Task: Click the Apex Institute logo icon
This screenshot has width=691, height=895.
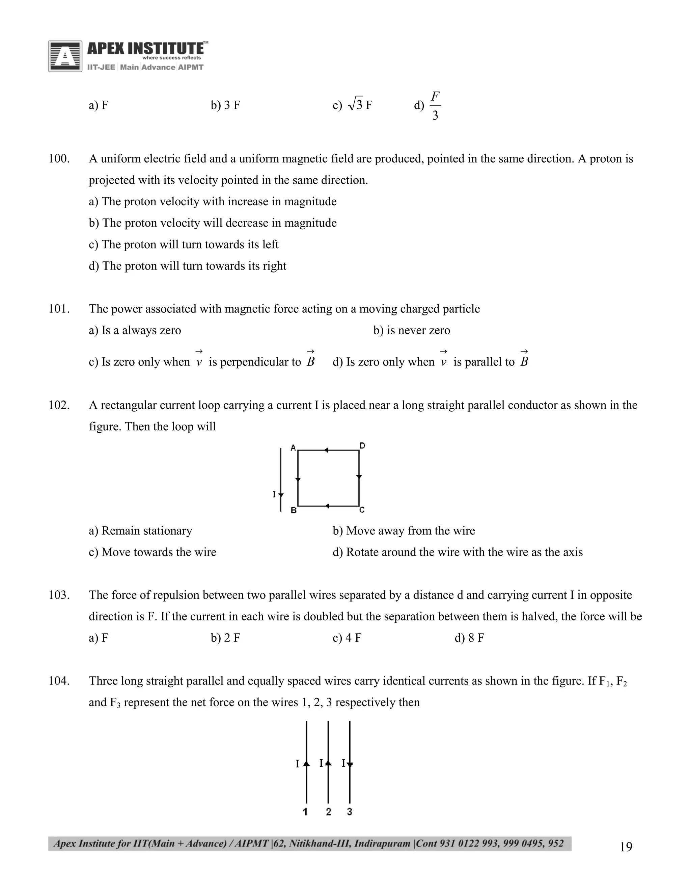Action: (x=65, y=56)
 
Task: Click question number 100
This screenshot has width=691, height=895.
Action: (x=59, y=159)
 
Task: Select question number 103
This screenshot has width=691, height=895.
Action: (x=59, y=595)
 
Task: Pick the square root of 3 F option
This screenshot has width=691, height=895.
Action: (x=359, y=105)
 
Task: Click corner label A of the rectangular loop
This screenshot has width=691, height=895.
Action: (x=293, y=448)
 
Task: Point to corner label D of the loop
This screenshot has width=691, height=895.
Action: (x=362, y=445)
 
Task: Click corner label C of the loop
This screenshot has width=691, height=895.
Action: (x=362, y=510)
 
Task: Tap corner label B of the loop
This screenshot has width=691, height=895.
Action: (x=293, y=511)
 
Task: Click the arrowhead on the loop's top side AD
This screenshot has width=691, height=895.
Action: (x=326, y=450)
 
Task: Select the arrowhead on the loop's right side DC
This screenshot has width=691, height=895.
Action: (x=359, y=477)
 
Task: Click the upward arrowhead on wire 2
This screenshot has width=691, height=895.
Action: (x=328, y=762)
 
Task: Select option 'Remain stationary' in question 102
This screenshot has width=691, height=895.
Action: (x=140, y=531)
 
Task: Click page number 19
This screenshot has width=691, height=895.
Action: (x=626, y=847)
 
